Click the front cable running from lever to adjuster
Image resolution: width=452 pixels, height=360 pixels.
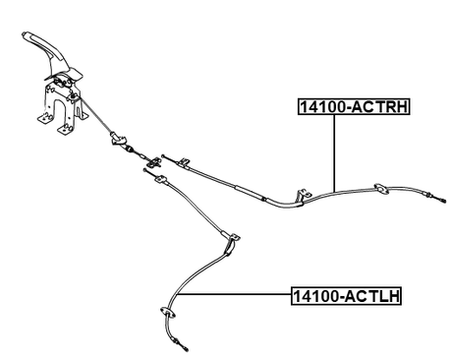(102, 124)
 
